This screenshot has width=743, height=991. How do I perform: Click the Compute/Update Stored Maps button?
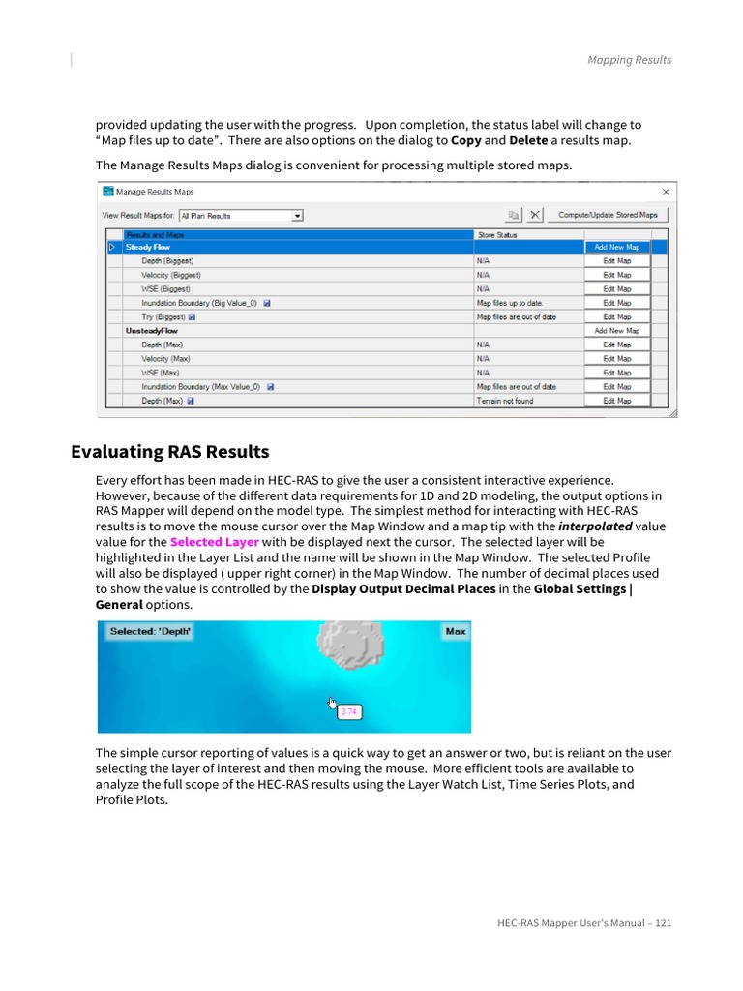point(608,215)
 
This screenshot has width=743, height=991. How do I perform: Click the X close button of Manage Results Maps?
point(664,192)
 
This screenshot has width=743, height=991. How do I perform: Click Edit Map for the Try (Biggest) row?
point(616,316)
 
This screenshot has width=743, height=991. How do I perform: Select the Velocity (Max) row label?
point(165,358)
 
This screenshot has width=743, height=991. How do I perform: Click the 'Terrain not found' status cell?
point(504,401)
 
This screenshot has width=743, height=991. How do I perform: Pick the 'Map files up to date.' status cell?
point(510,303)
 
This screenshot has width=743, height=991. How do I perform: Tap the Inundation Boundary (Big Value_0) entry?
point(199,303)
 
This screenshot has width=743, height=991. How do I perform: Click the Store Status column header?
point(497,234)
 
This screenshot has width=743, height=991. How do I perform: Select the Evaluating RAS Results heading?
point(170,452)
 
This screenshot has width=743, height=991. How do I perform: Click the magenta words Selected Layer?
point(214,542)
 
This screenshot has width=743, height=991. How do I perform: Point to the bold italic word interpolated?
point(595,526)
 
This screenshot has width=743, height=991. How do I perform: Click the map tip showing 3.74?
point(349,711)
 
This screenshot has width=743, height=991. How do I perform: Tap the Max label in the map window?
point(455,631)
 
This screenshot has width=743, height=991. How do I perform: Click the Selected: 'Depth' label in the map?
point(151,631)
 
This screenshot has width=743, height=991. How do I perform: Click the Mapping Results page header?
point(629,60)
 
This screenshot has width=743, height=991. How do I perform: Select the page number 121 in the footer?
point(663,922)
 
